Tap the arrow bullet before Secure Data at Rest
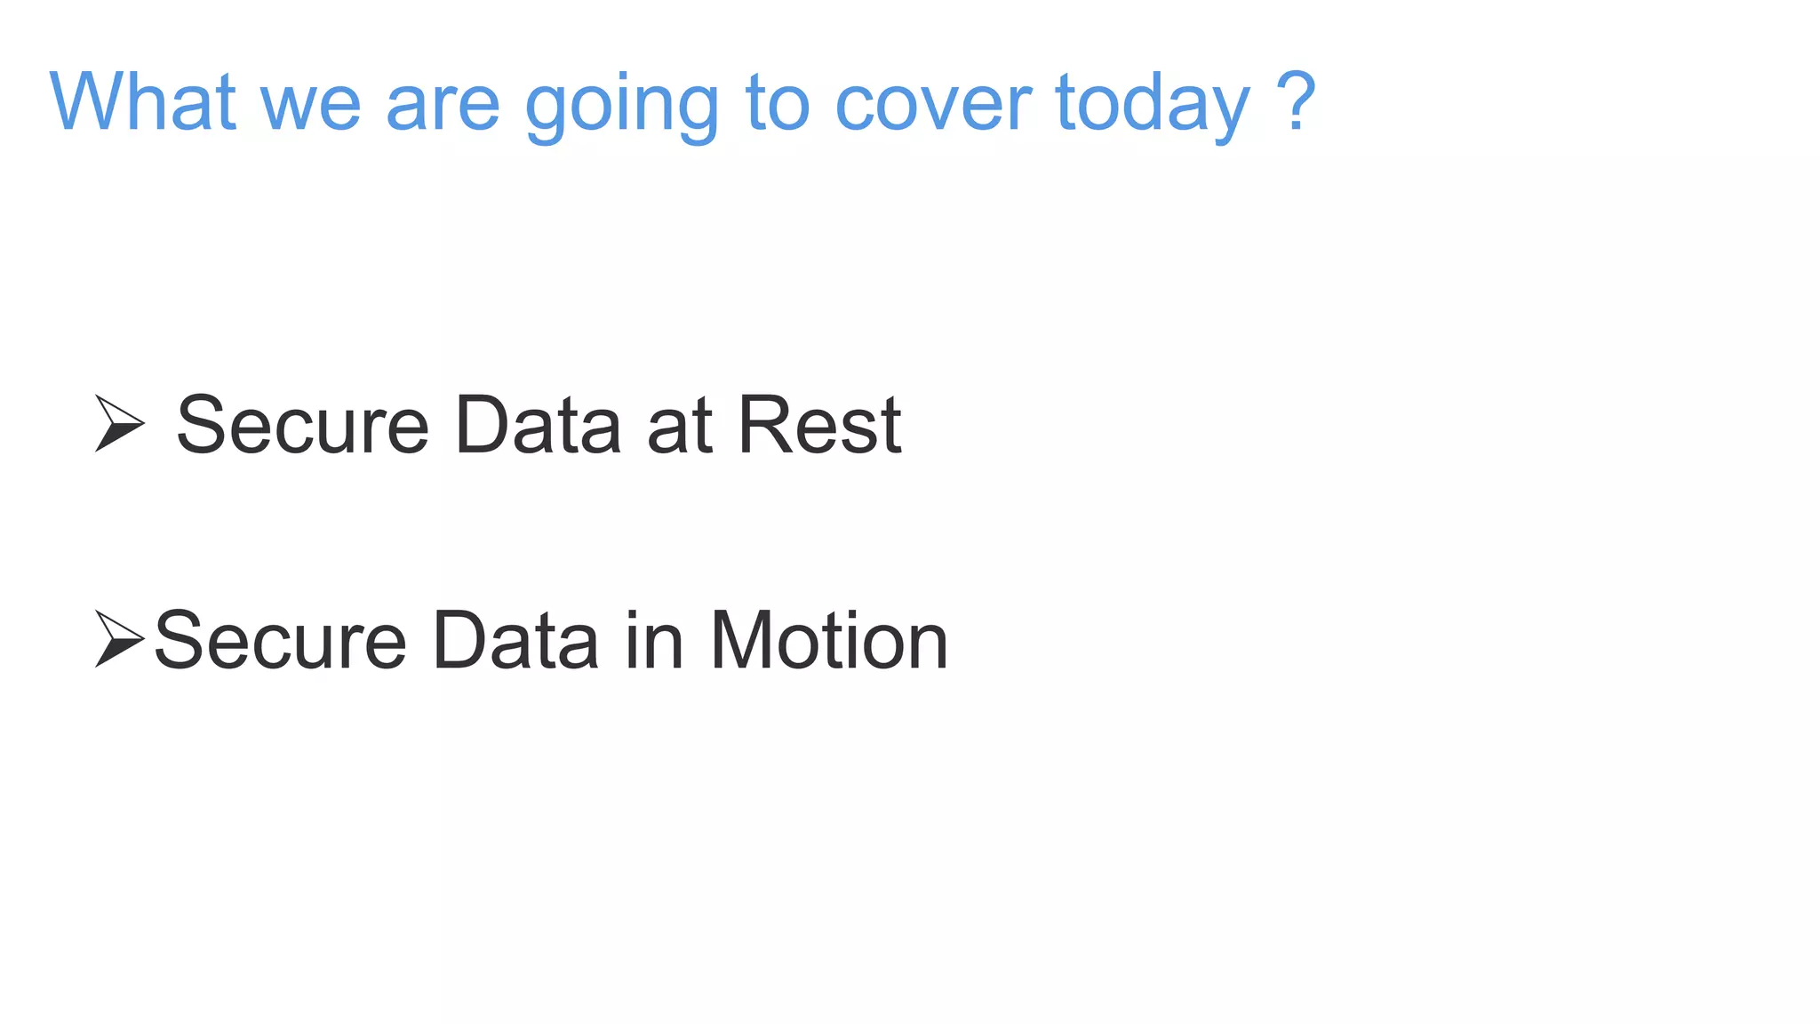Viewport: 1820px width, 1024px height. [119, 423]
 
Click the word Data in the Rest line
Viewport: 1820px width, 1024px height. [538, 425]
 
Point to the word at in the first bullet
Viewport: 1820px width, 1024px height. [680, 427]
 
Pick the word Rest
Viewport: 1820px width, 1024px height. [819, 425]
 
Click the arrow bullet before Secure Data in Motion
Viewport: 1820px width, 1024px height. [119, 638]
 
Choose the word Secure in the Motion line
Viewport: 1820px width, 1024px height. [281, 641]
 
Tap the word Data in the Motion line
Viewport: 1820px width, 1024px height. [515, 641]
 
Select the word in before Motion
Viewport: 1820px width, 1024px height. [654, 641]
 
